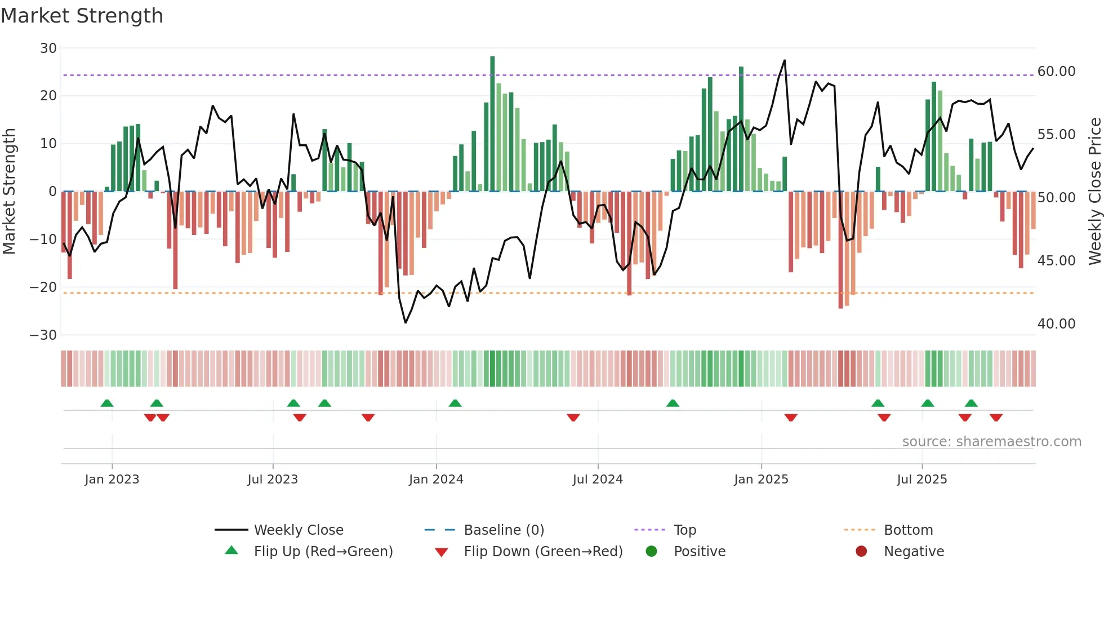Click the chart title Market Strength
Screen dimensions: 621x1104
[82, 16]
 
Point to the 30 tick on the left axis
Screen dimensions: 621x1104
[48, 48]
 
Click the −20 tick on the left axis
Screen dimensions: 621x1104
[43, 287]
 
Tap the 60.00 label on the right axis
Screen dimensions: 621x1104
[1056, 72]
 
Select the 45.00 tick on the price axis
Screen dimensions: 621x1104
[1056, 261]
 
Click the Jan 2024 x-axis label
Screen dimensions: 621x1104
[436, 480]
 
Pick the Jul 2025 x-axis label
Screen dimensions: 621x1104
[922, 480]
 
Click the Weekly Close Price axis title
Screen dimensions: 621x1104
[1094, 192]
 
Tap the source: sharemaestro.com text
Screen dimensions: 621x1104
[991, 442]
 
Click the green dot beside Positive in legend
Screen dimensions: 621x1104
[652, 552]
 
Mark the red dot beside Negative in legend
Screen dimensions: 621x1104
[861, 552]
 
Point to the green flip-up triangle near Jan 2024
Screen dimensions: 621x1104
[455, 403]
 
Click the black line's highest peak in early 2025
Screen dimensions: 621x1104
[785, 61]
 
